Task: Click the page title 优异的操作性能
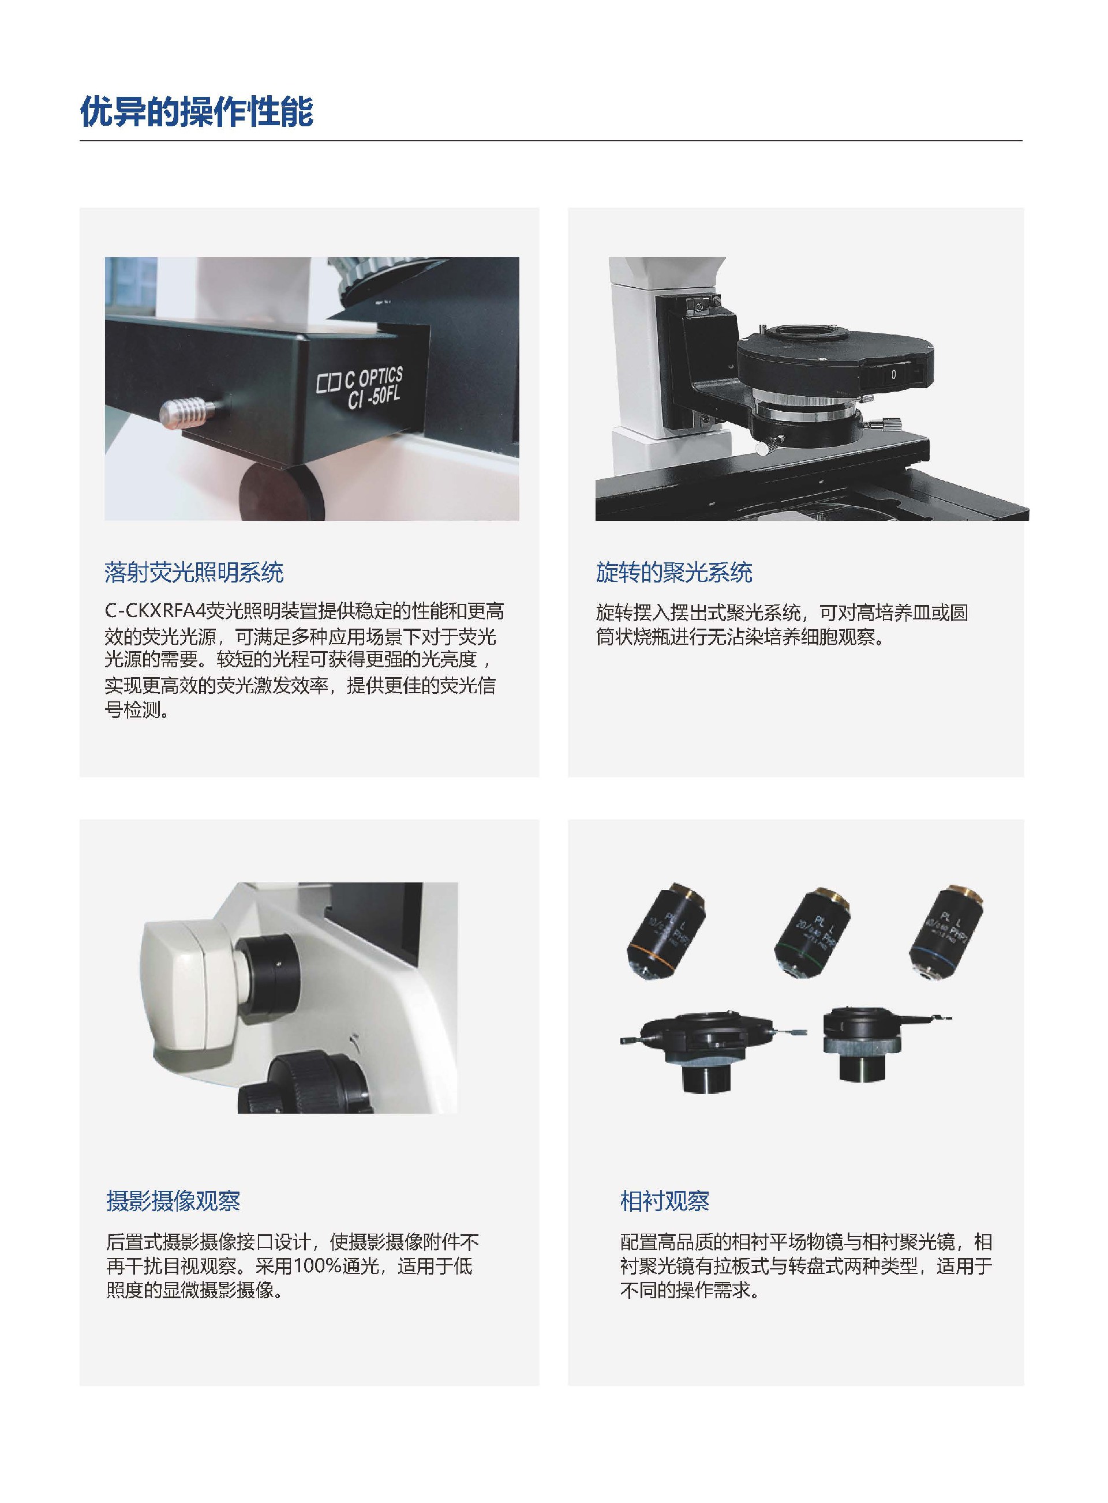(x=197, y=111)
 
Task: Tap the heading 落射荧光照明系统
(x=194, y=573)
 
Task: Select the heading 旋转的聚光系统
(x=674, y=573)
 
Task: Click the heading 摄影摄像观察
(x=173, y=1201)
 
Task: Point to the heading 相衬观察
(x=665, y=1201)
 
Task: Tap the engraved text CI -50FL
(x=375, y=398)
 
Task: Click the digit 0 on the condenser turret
(x=893, y=375)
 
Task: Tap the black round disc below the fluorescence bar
(x=282, y=493)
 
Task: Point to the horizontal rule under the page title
(x=551, y=141)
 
